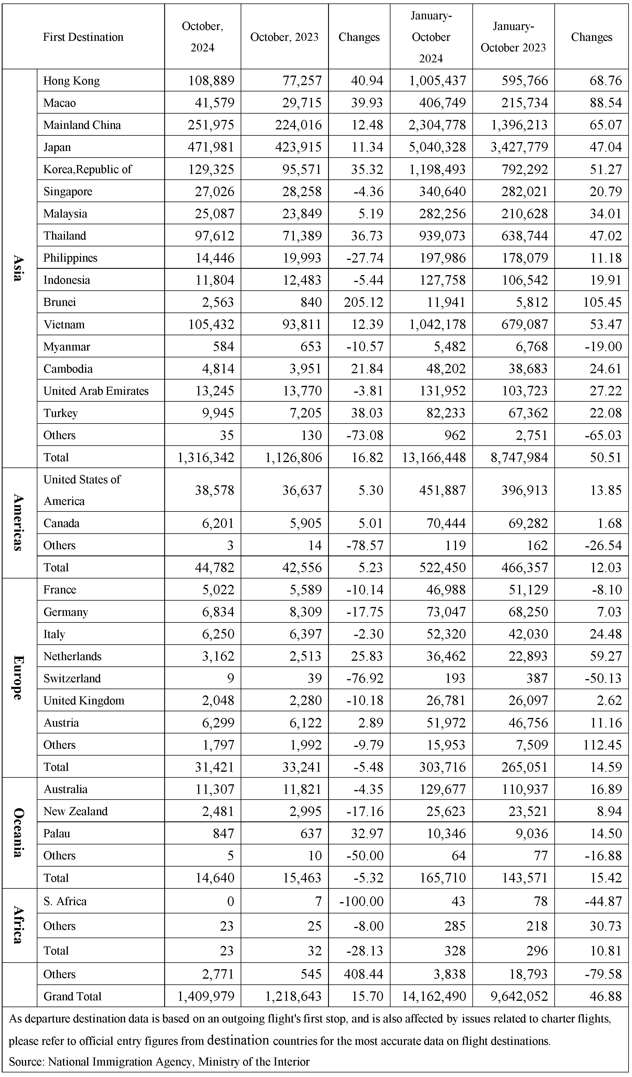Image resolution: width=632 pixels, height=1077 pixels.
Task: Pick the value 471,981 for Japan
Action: pyautogui.click(x=211, y=147)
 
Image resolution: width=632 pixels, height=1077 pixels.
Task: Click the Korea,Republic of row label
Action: pyautogui.click(x=88, y=169)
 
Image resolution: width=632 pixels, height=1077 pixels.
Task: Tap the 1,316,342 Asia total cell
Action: pyautogui.click(x=206, y=457)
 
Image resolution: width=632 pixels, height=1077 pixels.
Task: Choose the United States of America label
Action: pyautogui.click(x=82, y=490)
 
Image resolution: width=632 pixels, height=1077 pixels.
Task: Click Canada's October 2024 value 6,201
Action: pyautogui.click(x=218, y=523)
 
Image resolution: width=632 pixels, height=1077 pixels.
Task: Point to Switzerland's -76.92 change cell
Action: pyautogui.click(x=365, y=678)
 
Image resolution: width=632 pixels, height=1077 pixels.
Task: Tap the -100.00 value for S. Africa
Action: pyautogui.click(x=361, y=901)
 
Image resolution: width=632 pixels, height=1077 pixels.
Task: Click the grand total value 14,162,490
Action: pyautogui.click(x=433, y=996)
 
